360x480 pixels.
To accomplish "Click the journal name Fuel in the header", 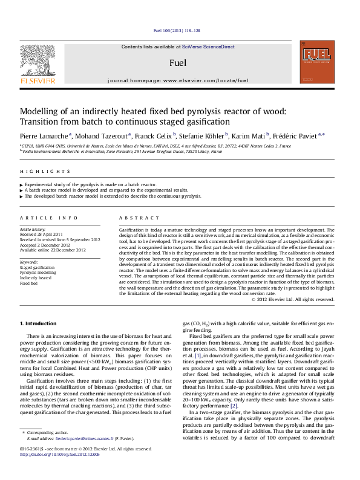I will point(177,62).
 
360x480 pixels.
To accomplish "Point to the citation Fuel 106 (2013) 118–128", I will point(177,30).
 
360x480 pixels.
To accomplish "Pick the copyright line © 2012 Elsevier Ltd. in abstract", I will point(293,299).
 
